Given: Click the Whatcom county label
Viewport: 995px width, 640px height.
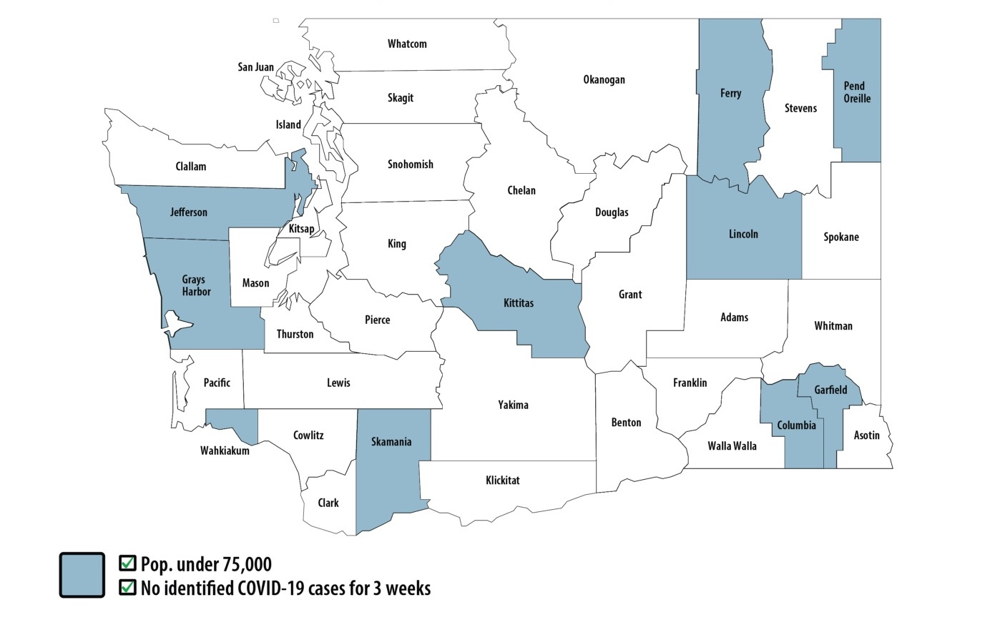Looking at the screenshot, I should [x=407, y=44].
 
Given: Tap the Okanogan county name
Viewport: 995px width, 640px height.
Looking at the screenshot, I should [x=604, y=80].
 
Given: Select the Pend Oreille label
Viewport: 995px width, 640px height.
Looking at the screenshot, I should [x=856, y=92].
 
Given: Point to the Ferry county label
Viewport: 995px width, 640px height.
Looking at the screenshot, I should [x=730, y=94].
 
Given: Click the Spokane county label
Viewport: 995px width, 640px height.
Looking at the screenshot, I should [x=840, y=237].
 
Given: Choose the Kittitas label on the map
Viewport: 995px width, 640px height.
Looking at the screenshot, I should [x=518, y=303].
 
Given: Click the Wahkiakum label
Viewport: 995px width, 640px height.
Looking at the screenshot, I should [x=225, y=451].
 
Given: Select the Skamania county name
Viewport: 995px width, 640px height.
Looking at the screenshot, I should [x=391, y=442].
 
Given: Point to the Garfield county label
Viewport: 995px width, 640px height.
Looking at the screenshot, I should [x=830, y=390].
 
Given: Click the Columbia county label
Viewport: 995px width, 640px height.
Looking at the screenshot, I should [x=796, y=425].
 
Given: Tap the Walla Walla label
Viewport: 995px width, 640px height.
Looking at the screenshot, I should [x=732, y=446].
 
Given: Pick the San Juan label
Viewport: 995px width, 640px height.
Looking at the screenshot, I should [x=255, y=67].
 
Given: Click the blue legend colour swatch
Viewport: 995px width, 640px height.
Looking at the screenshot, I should [x=82, y=575].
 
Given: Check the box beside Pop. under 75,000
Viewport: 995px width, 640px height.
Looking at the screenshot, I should [x=127, y=563].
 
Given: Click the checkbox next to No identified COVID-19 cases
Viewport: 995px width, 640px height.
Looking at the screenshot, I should [x=127, y=587].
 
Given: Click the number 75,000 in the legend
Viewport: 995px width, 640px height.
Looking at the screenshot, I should [x=247, y=564].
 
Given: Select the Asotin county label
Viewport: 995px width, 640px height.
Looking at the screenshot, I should [x=866, y=435].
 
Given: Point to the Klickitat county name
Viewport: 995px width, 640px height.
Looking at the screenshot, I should [x=502, y=481].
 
